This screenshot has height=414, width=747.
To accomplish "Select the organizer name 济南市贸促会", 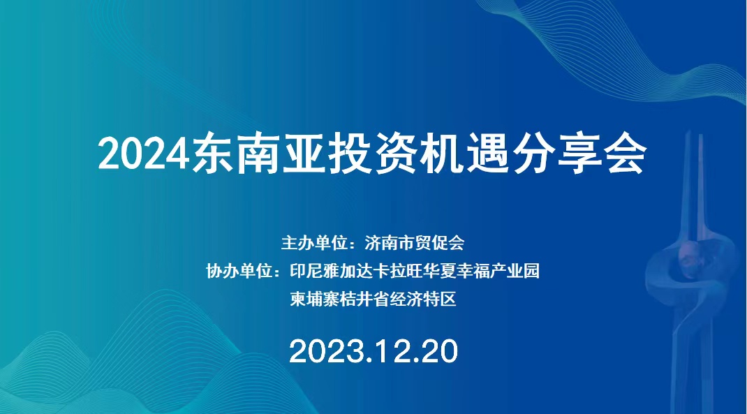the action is [415, 243].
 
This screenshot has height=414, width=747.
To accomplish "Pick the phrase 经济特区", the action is [423, 300].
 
